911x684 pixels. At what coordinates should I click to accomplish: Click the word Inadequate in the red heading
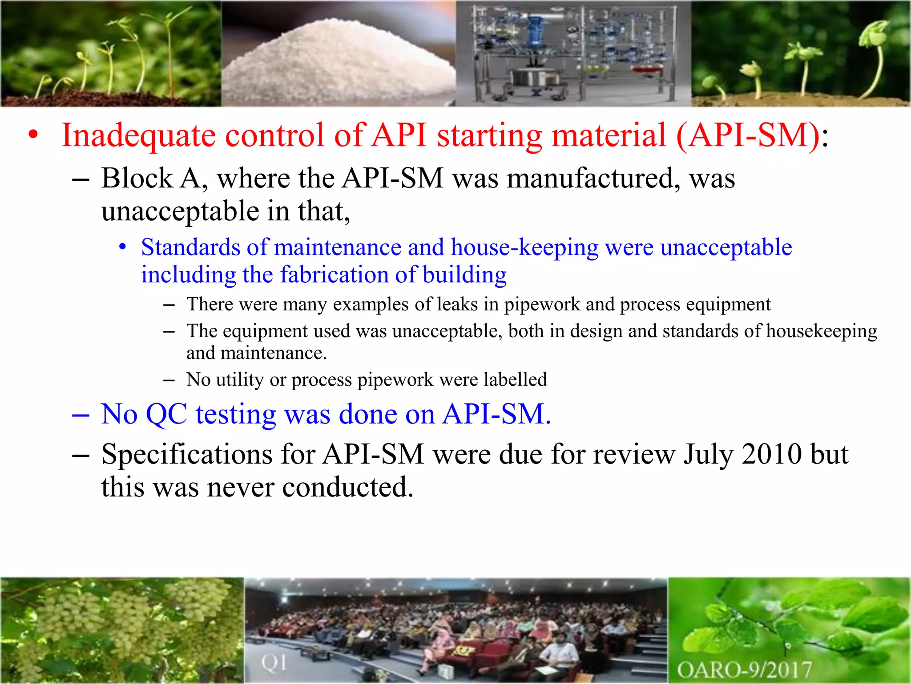point(138,136)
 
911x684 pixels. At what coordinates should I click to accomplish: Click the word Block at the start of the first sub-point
point(137,179)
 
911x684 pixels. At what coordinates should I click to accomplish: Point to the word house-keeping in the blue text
point(524,248)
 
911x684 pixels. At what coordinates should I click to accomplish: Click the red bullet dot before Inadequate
point(33,135)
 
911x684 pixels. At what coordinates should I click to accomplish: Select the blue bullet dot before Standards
point(123,247)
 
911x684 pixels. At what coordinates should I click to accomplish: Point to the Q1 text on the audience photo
point(274,663)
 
